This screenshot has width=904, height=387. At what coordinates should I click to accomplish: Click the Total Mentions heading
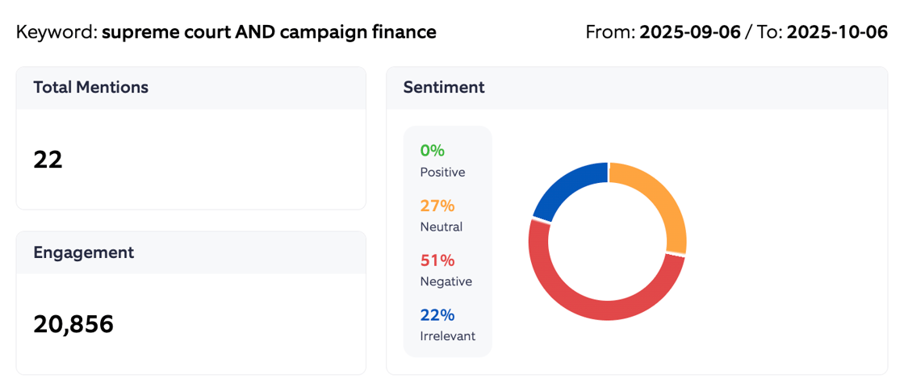90,87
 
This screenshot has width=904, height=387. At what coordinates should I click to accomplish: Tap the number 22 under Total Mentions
48,160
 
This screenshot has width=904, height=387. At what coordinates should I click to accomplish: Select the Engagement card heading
83,252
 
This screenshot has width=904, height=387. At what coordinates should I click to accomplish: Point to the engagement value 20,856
73,324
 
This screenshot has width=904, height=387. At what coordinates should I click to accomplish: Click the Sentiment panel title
444,87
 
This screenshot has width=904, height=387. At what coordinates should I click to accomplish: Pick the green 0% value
432,151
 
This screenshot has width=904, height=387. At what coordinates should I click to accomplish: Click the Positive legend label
442,173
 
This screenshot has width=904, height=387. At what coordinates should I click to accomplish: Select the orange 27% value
437,206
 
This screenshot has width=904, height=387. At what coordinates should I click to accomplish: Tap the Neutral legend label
441,227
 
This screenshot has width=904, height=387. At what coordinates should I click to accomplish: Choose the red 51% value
437,260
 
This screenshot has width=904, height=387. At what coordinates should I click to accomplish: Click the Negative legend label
446,282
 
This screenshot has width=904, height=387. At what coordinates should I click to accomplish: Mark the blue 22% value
437,314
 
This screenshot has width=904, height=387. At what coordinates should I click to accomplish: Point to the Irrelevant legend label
447,336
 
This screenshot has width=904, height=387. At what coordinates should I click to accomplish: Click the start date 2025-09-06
690,32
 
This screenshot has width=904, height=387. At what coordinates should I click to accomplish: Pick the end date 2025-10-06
837,32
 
